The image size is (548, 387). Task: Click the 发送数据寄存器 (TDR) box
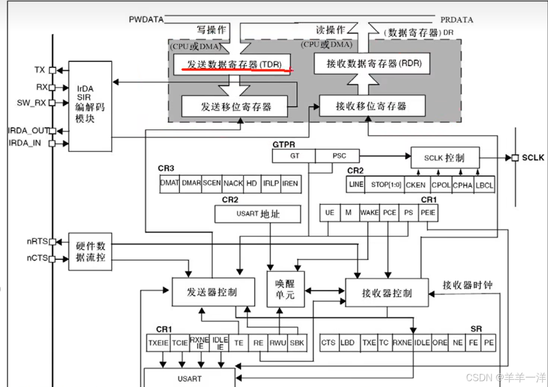pyautogui.click(x=232, y=64)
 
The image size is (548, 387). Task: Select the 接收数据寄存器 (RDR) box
pyautogui.click(x=371, y=64)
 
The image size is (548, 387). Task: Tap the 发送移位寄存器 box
pyautogui.click(x=236, y=106)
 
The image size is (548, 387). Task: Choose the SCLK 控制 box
pyautogui.click(x=445, y=158)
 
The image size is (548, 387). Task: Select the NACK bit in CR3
pyautogui.click(x=233, y=183)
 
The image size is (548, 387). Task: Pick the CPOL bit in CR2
pyautogui.click(x=441, y=185)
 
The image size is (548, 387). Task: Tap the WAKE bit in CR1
pyautogui.click(x=369, y=212)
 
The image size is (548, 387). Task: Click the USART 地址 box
pyautogui.click(x=258, y=214)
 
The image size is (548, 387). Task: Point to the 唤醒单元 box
pyautogui.click(x=285, y=289)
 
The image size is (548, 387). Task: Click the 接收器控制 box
pyautogui.click(x=387, y=293)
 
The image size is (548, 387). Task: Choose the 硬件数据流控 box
pyautogui.click(x=90, y=251)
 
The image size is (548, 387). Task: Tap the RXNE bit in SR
pyautogui.click(x=402, y=343)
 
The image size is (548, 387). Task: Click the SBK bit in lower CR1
pyautogui.click(x=297, y=343)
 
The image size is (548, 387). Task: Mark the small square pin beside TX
pyautogui.click(x=52, y=69)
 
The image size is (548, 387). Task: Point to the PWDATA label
pyautogui.click(x=146, y=20)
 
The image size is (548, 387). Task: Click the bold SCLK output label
pyautogui.click(x=532, y=158)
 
